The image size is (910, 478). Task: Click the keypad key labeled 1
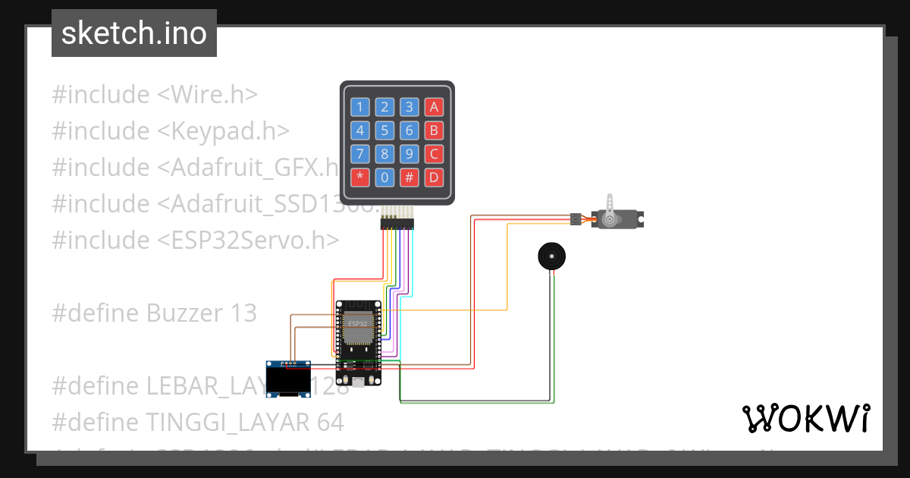(360, 107)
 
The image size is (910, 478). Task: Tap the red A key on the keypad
(434, 107)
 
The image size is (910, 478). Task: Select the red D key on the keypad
(434, 178)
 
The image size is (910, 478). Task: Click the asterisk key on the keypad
(360, 178)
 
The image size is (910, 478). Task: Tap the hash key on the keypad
(409, 178)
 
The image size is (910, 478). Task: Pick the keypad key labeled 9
(409, 154)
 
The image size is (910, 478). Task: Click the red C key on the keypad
(434, 154)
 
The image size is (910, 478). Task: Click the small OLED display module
(289, 379)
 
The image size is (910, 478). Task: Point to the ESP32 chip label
(357, 323)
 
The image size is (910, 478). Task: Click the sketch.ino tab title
(134, 33)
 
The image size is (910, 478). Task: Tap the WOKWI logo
(805, 418)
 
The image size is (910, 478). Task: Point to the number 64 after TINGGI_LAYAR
(329, 422)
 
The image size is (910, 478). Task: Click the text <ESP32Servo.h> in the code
(248, 241)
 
